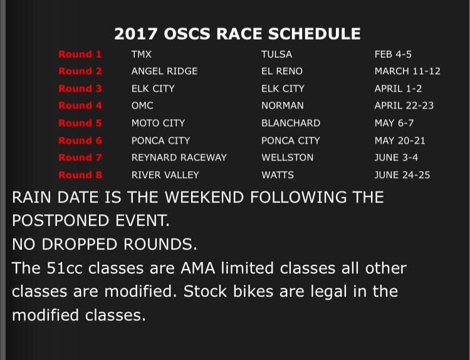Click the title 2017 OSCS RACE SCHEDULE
(237, 34)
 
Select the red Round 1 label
(80, 55)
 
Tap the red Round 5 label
(80, 123)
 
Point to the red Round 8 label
(80, 175)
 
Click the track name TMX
(142, 55)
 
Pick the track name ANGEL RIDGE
(165, 71)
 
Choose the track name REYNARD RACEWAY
(179, 157)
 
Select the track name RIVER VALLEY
(165, 175)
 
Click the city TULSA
(276, 55)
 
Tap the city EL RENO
(282, 71)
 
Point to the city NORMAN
(283, 105)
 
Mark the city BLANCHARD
(291, 123)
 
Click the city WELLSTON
(288, 157)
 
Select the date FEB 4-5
(393, 55)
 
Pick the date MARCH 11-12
(408, 71)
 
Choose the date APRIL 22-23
(404, 105)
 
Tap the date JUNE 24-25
(402, 175)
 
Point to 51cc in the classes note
(65, 268)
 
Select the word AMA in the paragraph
(198, 268)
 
